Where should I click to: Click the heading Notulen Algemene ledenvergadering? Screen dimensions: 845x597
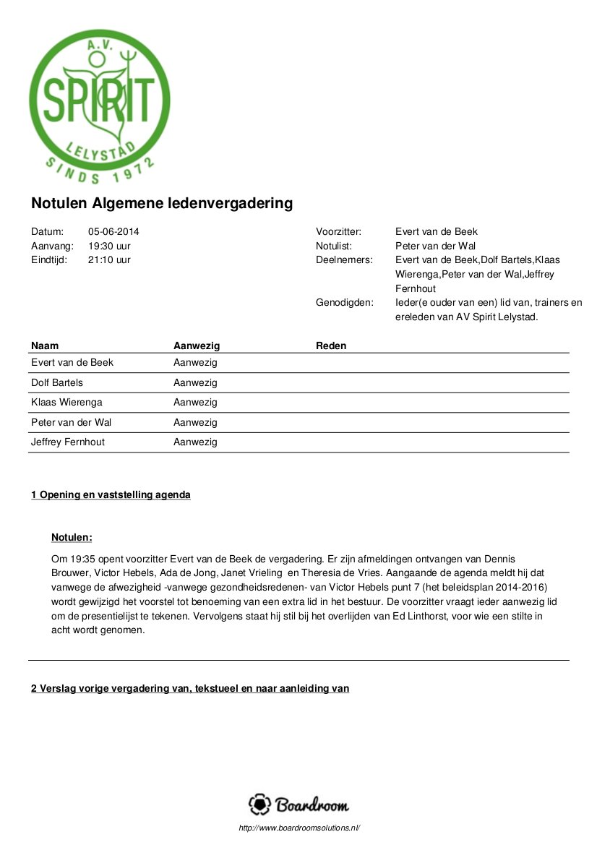(162, 203)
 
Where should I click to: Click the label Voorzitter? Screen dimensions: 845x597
(338, 232)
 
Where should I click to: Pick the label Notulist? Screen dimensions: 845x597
(334, 246)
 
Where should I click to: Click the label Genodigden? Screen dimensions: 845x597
(345, 302)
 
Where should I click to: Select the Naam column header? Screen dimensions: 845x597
(44, 346)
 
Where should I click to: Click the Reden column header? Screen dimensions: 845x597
(331, 346)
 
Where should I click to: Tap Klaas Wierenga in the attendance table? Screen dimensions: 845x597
(66, 402)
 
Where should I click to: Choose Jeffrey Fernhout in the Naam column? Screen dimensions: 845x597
(68, 442)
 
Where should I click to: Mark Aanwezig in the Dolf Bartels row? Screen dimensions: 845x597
(195, 382)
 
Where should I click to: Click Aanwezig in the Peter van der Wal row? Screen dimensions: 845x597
(195, 422)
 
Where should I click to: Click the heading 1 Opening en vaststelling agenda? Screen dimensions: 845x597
(111, 495)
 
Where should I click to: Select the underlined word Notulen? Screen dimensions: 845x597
(72, 538)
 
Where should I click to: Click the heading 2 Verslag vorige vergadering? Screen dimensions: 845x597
(189, 688)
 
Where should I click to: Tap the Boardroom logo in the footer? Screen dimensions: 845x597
(298, 805)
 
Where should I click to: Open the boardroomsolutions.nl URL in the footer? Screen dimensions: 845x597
(298, 828)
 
